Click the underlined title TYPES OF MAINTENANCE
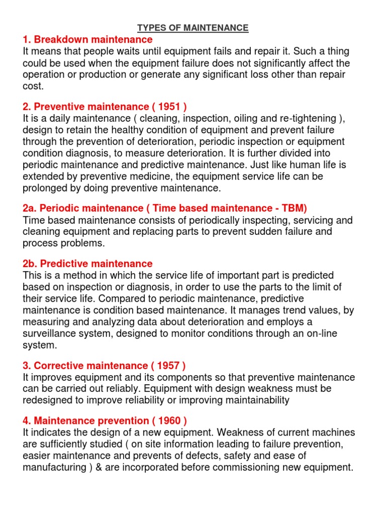(193, 28)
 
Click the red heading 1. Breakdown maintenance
(87, 40)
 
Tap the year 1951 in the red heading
(168, 107)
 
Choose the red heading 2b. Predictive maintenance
(87, 264)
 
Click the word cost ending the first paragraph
(33, 86)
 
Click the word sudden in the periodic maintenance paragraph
(272, 232)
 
